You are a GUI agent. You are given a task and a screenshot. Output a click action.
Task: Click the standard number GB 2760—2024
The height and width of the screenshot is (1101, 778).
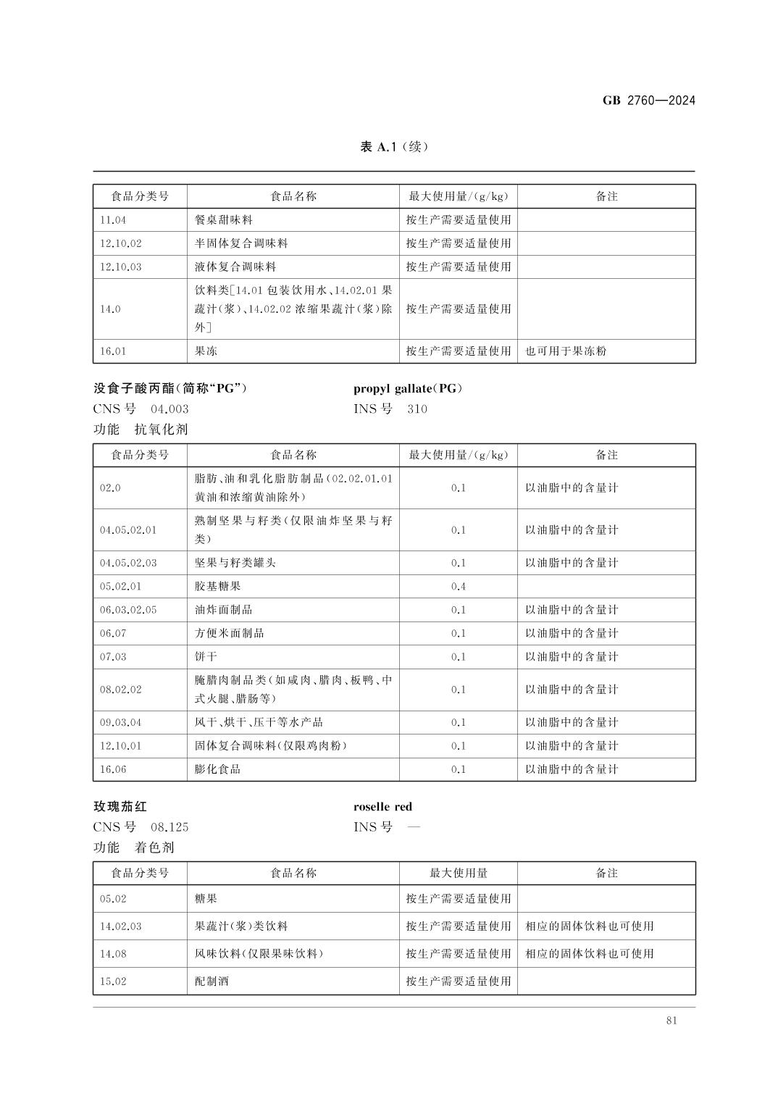[x=648, y=101]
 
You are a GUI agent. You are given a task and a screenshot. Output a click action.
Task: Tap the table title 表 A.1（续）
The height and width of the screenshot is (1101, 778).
[x=394, y=147]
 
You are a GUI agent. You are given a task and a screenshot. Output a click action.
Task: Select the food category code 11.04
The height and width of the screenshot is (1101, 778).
[x=113, y=219]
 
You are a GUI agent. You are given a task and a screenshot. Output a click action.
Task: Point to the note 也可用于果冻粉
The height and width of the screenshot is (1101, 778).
[x=566, y=351]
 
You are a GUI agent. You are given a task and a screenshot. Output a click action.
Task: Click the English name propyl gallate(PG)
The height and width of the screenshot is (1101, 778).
[x=408, y=388]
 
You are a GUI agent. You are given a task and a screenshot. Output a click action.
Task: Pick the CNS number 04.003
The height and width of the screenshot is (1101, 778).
[x=170, y=409]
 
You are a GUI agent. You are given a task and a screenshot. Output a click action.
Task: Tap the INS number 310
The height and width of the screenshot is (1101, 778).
[x=417, y=409]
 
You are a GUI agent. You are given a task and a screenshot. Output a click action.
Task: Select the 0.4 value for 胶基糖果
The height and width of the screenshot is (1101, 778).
[x=458, y=586]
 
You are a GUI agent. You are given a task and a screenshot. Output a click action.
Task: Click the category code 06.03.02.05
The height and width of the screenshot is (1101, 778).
[x=128, y=610]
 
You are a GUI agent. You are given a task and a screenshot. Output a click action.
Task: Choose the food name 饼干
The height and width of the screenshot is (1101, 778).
[x=206, y=657]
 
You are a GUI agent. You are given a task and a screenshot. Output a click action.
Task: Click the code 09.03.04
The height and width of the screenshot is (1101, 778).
[x=121, y=722]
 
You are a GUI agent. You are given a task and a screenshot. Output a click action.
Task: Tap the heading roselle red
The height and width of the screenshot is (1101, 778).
[x=382, y=807]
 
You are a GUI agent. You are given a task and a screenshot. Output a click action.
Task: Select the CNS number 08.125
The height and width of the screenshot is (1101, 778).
[x=170, y=827]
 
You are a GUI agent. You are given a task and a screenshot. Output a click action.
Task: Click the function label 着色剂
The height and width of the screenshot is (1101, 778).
[x=155, y=847]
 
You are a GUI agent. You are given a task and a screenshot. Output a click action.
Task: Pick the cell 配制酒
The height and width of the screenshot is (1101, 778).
[x=212, y=981]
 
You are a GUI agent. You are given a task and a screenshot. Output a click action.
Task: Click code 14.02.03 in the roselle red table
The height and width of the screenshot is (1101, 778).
[x=121, y=926]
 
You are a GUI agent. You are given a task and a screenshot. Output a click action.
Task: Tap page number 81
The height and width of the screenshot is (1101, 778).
[x=671, y=1021]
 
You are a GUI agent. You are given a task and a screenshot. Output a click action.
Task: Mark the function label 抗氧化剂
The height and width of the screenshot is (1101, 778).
[x=161, y=429]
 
